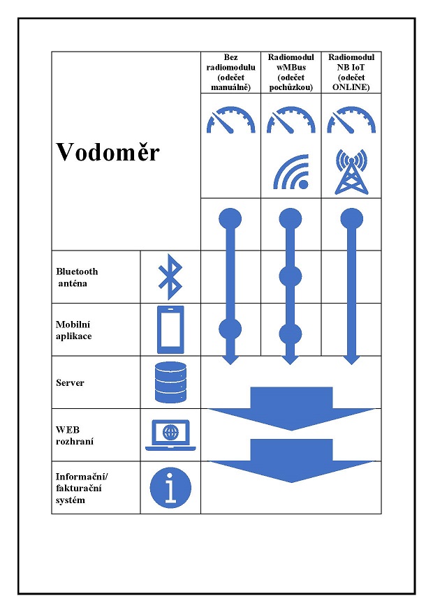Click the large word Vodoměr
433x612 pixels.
tap(108, 152)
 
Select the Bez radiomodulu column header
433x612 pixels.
tap(230, 72)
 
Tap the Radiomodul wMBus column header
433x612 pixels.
tap(291, 72)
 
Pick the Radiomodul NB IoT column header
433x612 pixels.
tap(351, 72)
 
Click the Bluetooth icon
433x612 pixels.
tap(170, 277)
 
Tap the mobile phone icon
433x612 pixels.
tap(170, 329)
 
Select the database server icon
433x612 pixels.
tap(170, 382)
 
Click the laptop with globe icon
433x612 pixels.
tap(170, 435)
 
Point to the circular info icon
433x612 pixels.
tap(170, 488)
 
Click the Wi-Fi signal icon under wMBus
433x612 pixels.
tap(291, 172)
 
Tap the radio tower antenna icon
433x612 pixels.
tap(351, 172)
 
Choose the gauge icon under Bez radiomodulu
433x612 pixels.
tap(230, 120)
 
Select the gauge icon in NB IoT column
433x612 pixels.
tap(351, 120)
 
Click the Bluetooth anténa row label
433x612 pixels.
tap(77, 278)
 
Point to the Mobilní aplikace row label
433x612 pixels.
tap(74, 330)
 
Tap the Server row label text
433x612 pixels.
tap(70, 382)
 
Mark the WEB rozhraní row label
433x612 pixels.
tap(75, 435)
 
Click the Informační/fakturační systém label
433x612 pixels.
tap(82, 488)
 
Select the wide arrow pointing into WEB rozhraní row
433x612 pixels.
tap(292, 409)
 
